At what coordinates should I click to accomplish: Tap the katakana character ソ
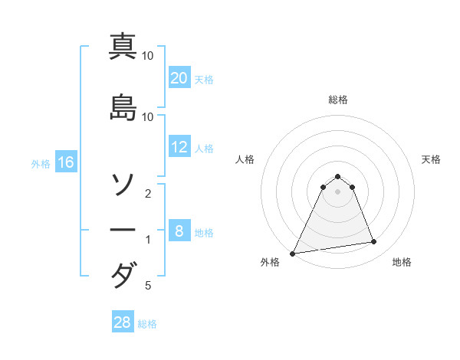tap(123, 184)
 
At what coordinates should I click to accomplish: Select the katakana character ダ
tap(123, 275)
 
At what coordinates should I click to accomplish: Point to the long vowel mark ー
tap(123, 230)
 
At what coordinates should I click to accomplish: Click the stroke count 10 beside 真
tap(149, 56)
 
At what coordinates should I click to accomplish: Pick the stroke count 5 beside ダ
tap(148, 286)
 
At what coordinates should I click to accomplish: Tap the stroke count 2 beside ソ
tap(148, 194)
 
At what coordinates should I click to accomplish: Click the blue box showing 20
tap(179, 78)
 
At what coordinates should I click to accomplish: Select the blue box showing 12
tap(179, 147)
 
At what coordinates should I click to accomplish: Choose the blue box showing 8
tap(179, 231)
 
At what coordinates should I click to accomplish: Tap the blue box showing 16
tap(66, 162)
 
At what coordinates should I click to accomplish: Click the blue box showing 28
tap(122, 322)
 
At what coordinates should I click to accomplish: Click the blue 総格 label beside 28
tap(148, 324)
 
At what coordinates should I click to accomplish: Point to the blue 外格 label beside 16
tap(41, 163)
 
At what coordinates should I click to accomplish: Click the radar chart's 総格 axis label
tap(338, 100)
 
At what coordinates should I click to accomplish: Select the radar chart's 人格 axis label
tap(245, 159)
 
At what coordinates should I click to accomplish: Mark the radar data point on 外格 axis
tap(293, 254)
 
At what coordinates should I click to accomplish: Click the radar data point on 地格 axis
tap(374, 242)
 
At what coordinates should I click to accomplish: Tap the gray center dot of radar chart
tap(338, 191)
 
